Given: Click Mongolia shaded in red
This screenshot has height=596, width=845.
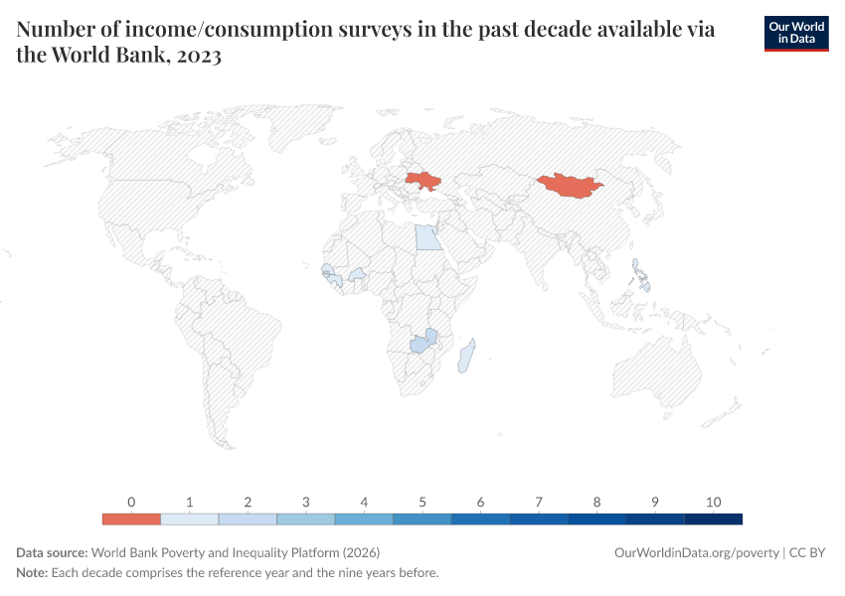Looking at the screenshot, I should pyautogui.click(x=570, y=185).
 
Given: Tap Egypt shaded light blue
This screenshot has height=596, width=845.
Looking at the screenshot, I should pyautogui.click(x=426, y=237).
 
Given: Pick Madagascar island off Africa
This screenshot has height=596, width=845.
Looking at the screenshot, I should pyautogui.click(x=466, y=356).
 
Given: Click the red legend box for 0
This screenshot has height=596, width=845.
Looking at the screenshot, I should pyautogui.click(x=131, y=519).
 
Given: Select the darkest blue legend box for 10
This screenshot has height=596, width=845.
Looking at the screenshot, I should pyautogui.click(x=713, y=519).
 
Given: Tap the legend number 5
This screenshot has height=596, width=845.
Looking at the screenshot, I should pyautogui.click(x=422, y=502).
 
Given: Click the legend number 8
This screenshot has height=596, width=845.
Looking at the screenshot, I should pyautogui.click(x=596, y=502).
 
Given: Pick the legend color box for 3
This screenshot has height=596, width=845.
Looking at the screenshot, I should pyautogui.click(x=306, y=519).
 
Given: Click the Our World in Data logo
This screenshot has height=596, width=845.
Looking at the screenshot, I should pyautogui.click(x=795, y=33).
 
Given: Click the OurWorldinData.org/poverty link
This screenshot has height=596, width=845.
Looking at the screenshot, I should pyautogui.click(x=696, y=552).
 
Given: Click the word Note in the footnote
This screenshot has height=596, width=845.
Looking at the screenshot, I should pyautogui.click(x=32, y=573).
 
